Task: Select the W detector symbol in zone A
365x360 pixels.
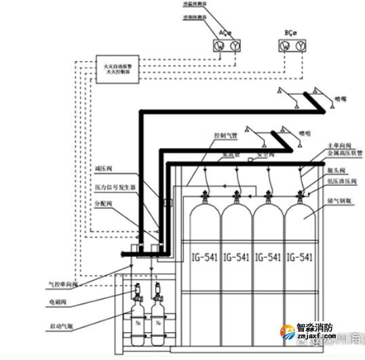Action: click(x=220, y=46)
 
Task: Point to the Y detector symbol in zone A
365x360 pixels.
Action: click(x=235, y=46)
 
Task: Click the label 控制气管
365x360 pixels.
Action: click(x=226, y=135)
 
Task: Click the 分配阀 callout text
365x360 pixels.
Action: click(x=104, y=202)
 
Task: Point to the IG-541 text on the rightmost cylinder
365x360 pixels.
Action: click(x=300, y=257)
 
